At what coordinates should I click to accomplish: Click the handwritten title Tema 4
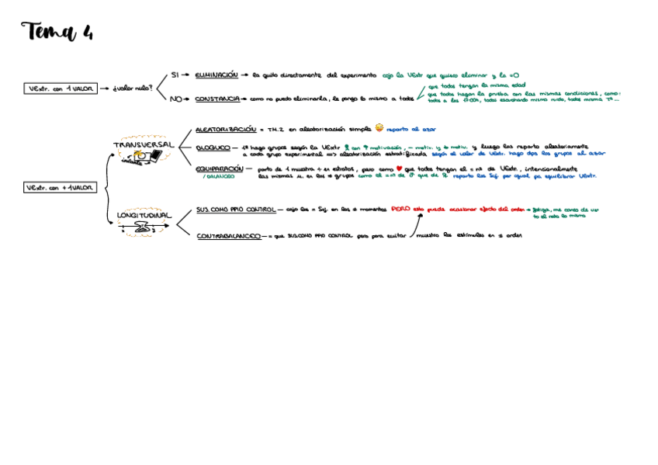point(57,32)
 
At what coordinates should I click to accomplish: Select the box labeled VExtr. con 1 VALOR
point(61,88)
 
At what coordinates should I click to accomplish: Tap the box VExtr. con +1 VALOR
point(61,187)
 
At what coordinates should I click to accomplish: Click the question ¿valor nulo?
point(132,88)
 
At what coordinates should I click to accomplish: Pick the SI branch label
point(175,75)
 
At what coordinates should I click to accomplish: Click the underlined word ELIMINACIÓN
point(216,75)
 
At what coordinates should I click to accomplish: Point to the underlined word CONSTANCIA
point(217,99)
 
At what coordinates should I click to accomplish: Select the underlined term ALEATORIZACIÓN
point(226,129)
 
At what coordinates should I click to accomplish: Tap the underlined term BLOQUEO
point(213,147)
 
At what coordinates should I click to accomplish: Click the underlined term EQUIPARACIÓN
point(220,168)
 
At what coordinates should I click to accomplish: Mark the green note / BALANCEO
point(219,177)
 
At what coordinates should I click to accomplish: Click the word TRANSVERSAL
point(144,145)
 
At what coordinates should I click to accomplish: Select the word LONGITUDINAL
point(144,214)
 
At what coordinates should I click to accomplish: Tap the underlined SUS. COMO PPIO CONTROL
point(236,210)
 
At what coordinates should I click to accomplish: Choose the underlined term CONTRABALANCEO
point(227,235)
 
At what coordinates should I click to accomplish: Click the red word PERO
point(400,209)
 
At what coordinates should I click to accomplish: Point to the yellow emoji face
point(379,128)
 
